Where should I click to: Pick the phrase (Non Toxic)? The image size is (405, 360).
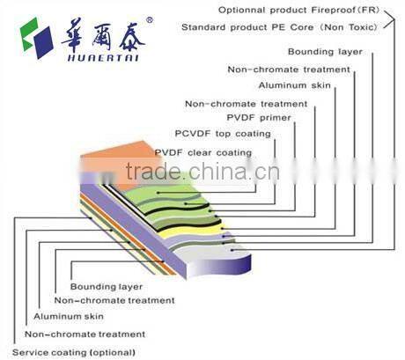click(x=352, y=27)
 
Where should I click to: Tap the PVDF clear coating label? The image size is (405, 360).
click(x=202, y=152)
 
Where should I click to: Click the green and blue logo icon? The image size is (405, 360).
click(x=35, y=36)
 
